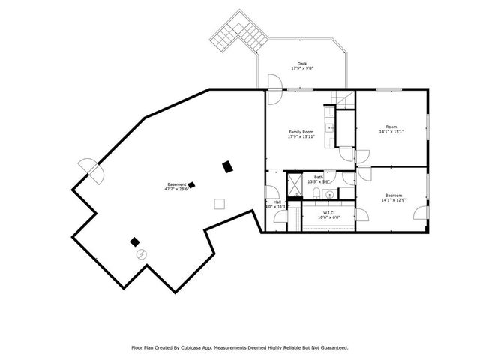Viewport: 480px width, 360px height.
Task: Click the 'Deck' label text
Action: [301, 64]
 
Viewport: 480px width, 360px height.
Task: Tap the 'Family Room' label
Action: [301, 132]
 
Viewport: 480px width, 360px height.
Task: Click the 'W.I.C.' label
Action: [328, 212]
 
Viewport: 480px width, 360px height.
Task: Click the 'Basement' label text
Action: [176, 184]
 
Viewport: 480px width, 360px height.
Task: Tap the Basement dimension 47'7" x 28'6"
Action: [176, 190]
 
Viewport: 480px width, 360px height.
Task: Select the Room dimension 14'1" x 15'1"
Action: [391, 132]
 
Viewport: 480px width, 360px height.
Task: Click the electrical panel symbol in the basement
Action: [141, 254]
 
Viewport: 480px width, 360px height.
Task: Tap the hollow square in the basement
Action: [219, 202]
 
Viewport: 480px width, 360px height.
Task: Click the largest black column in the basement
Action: [227, 167]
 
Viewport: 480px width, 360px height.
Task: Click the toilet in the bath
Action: [317, 195]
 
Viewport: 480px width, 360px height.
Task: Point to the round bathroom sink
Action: [329, 194]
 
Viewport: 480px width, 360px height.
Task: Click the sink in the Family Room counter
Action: [329, 128]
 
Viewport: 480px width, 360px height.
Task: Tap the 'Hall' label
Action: [277, 202]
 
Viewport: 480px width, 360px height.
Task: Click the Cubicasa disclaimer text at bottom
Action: [240, 347]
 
